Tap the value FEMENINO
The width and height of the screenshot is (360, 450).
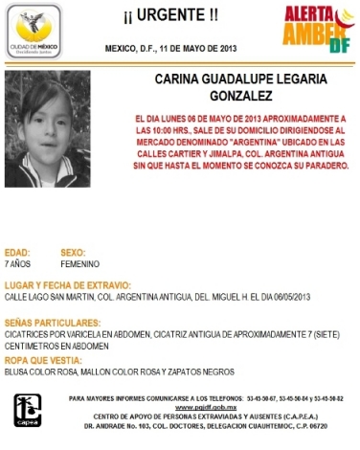click(x=80, y=262)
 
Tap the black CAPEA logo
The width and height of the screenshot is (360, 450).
click(x=28, y=410)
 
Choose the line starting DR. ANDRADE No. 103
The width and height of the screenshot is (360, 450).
click(x=205, y=425)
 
